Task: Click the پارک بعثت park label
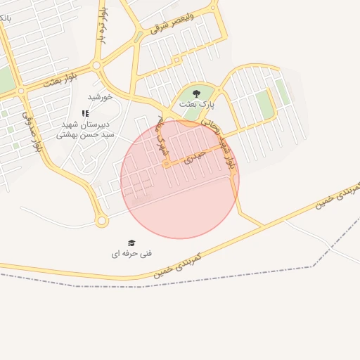coord(196,104)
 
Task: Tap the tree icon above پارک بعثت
coord(196,93)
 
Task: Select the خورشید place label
coord(100,96)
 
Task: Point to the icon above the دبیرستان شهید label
coord(85,113)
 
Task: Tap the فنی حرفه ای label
coord(131,253)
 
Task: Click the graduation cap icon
coord(131,243)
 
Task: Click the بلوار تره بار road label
coord(103,26)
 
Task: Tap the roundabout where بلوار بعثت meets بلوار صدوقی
coord(21,91)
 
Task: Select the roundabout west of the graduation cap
coord(102,221)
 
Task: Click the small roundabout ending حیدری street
coord(167,165)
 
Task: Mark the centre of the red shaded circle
coord(180,179)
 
